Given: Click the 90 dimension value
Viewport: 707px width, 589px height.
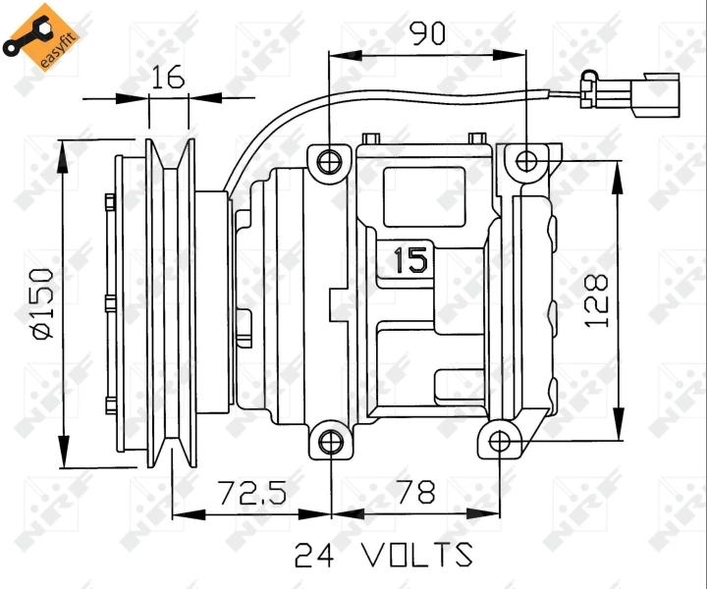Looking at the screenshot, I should click(427, 34).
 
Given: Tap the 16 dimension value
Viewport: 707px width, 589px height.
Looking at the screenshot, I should click(169, 78).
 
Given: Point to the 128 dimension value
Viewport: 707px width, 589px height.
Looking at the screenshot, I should click(596, 299).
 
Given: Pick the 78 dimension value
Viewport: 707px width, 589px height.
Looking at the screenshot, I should click(414, 492).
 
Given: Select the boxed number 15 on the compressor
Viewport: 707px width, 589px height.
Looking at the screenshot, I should click(408, 260).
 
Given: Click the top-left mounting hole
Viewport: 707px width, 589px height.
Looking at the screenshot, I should click(331, 160).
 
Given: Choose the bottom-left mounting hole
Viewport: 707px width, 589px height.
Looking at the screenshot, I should click(331, 441).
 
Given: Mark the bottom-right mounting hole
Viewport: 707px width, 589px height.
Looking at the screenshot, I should click(500, 441).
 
